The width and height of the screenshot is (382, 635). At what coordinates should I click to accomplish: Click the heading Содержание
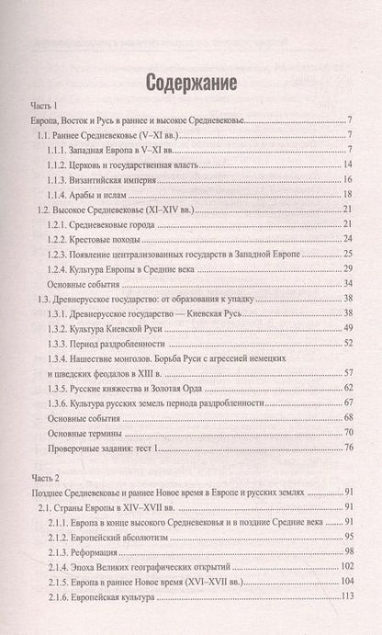(191, 83)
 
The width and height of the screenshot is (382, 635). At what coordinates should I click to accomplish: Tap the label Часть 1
(46, 108)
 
